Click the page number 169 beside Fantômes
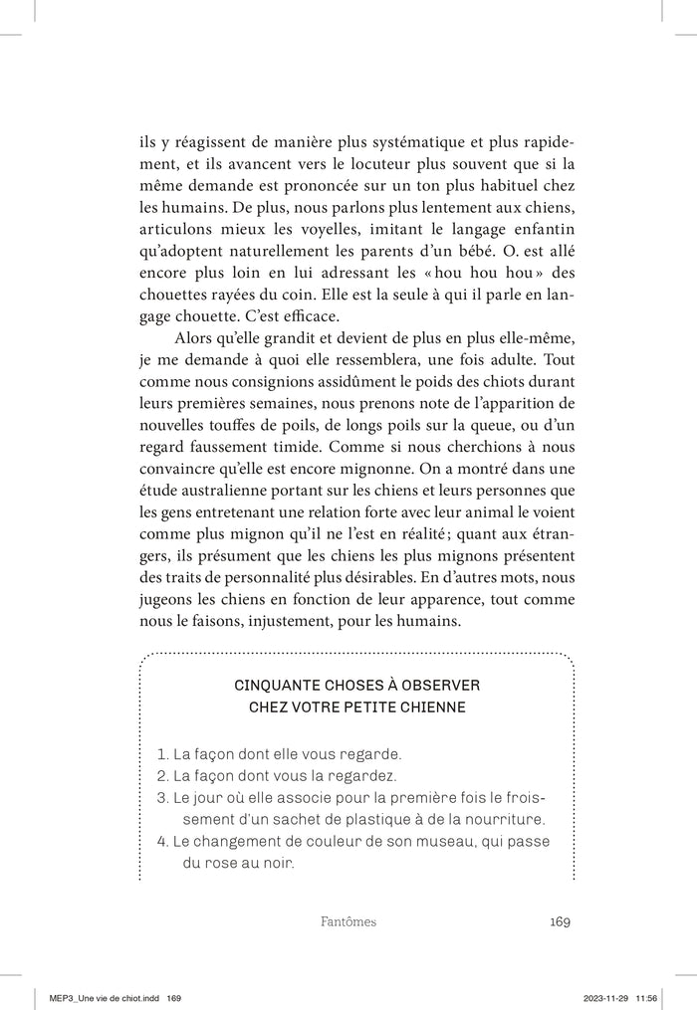click(x=559, y=921)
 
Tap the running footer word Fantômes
click(x=342, y=921)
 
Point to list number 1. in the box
click(x=164, y=754)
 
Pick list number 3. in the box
click(x=164, y=798)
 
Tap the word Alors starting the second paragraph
click(x=195, y=339)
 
